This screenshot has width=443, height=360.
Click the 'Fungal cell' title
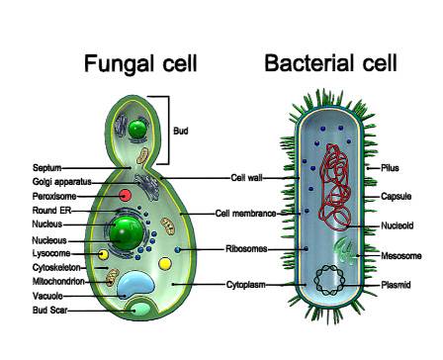140,65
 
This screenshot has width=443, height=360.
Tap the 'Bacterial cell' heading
330,65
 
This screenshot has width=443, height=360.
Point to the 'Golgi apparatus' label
61,183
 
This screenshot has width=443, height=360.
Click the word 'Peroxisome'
53,197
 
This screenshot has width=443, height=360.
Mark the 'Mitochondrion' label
60,281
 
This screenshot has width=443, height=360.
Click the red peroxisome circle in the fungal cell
126,197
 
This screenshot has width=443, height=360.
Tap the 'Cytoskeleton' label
56,267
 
